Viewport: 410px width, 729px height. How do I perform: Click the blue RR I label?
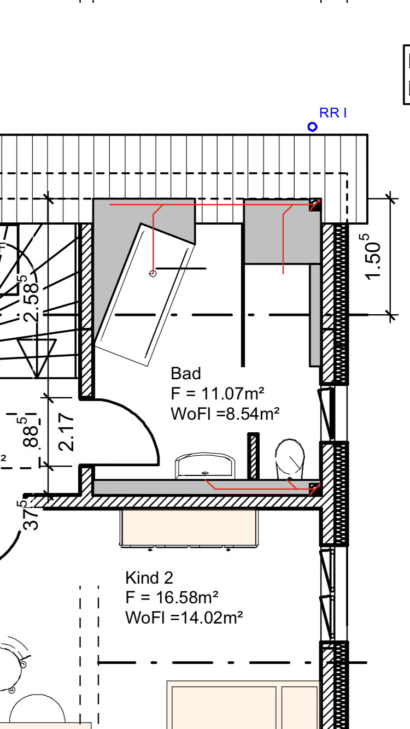click(333, 113)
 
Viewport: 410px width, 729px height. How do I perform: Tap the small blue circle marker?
click(312, 127)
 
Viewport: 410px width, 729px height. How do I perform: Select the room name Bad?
click(186, 373)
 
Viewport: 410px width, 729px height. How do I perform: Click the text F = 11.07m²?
click(218, 393)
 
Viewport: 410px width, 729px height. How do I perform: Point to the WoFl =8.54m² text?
click(225, 414)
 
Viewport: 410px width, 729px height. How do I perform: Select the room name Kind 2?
click(149, 578)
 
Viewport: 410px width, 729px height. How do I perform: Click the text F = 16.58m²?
click(172, 597)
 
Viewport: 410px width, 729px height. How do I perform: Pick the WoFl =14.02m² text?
click(184, 618)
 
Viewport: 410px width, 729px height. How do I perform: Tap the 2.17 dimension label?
click(66, 432)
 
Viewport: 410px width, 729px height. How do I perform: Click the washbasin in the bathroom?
click(205, 466)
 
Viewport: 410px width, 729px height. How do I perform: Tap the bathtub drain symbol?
click(153, 273)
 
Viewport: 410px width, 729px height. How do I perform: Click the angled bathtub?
click(144, 295)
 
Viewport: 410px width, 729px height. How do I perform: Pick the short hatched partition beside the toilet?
click(253, 456)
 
